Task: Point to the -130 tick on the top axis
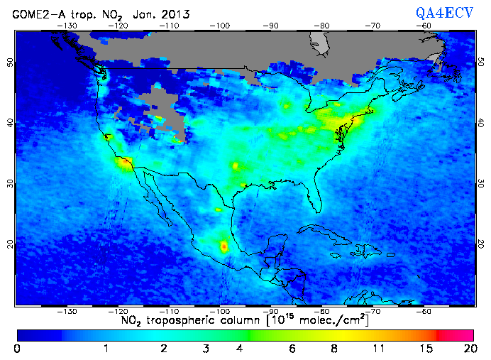click(x=68, y=26)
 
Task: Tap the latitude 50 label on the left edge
click(x=11, y=62)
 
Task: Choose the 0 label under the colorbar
click(x=16, y=349)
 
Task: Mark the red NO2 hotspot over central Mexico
click(x=224, y=247)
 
